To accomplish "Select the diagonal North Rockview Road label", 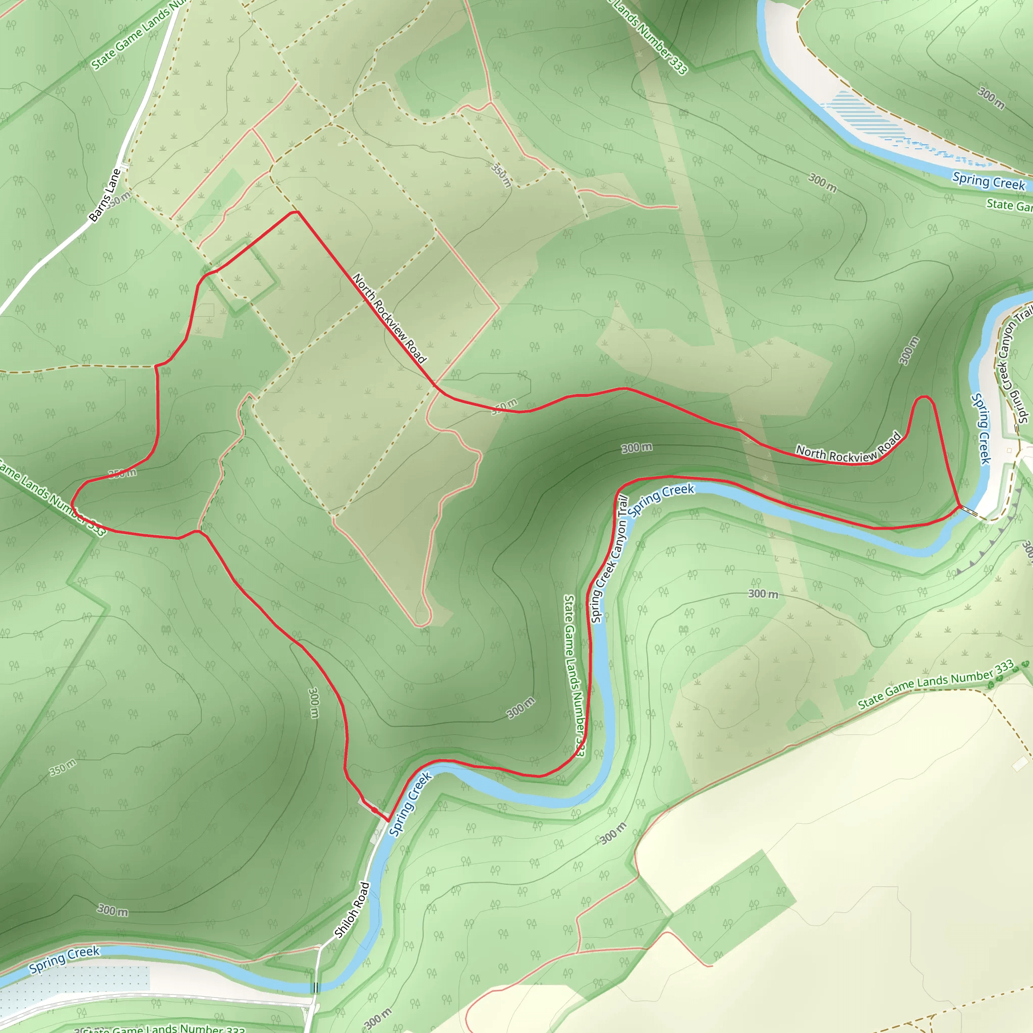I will [x=389, y=318].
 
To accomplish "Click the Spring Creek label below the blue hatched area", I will [x=989, y=181].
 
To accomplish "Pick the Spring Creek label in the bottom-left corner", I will [x=64, y=959].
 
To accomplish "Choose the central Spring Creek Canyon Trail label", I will [x=609, y=559].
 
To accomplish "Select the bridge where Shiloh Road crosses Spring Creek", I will [x=316, y=988].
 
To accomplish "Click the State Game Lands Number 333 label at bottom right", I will [x=936, y=685].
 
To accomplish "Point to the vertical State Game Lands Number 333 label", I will [x=576, y=676].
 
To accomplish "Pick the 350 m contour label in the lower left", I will [x=63, y=767].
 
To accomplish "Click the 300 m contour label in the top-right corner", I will [x=991, y=98].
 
